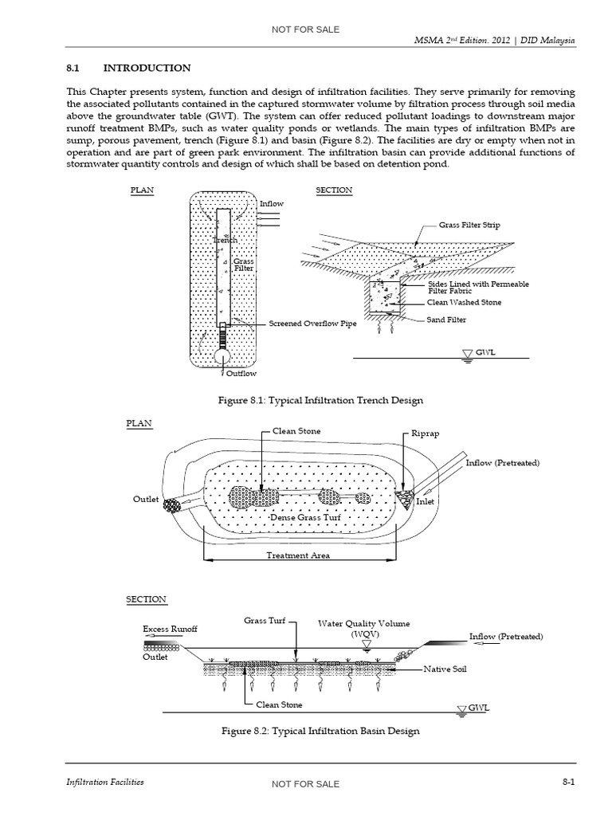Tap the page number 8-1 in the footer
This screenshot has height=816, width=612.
coord(568,783)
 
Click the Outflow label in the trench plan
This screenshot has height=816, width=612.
coord(241,373)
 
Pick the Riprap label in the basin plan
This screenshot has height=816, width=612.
coord(426,435)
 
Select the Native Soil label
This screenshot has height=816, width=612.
coord(449,669)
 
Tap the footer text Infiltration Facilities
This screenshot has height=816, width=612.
coord(104,783)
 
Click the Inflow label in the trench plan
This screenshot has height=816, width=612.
coord(271,204)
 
